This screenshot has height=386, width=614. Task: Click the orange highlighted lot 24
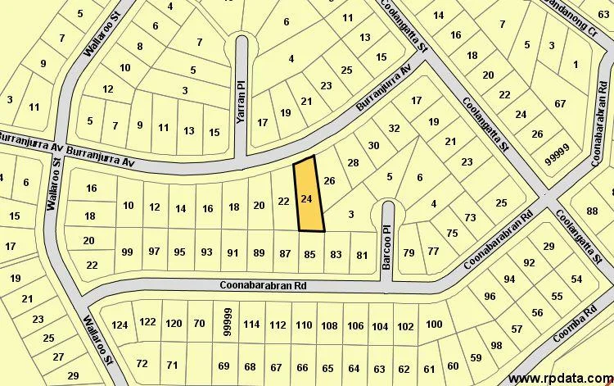[307, 198]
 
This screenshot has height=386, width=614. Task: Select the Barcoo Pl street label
[387, 243]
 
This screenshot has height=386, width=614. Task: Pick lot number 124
[120, 325]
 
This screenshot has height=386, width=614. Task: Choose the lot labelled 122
[147, 322]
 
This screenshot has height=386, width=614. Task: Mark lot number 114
[251, 325]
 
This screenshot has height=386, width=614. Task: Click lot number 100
[434, 325]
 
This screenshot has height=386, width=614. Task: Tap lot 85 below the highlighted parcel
[309, 254]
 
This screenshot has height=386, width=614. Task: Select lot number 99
[127, 251]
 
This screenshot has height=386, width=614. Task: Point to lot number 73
[470, 217]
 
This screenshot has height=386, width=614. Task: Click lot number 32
[394, 128]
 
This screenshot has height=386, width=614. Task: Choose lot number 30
[374, 146]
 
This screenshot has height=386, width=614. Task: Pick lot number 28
[353, 163]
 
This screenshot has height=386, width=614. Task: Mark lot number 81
[362, 255]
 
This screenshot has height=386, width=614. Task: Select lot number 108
[329, 325]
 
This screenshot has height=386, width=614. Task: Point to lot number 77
[433, 251]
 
